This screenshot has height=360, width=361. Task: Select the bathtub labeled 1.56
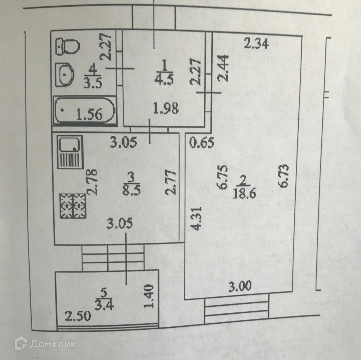84,111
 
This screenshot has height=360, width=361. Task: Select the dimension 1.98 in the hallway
165,109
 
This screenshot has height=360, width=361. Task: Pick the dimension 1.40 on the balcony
149,297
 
